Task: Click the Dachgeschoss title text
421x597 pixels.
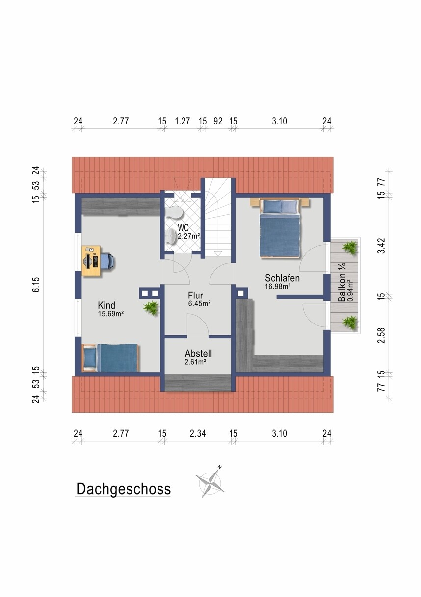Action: (x=123, y=489)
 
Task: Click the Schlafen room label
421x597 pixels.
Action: (x=282, y=278)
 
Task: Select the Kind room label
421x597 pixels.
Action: (x=106, y=305)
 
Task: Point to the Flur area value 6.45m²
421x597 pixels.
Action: (x=200, y=303)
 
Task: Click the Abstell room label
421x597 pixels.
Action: (x=199, y=354)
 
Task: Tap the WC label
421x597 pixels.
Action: (x=184, y=227)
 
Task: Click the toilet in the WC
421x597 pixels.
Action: (x=174, y=213)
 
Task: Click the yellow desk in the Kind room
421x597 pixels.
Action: (x=91, y=261)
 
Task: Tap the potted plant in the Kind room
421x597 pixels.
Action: (x=151, y=308)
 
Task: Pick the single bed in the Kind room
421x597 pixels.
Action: (x=111, y=358)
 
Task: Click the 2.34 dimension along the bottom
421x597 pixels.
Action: (x=198, y=434)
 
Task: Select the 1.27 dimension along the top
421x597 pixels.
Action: (x=183, y=121)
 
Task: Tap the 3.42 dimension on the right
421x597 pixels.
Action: (x=382, y=246)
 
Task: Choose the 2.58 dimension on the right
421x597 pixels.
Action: (x=382, y=335)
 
